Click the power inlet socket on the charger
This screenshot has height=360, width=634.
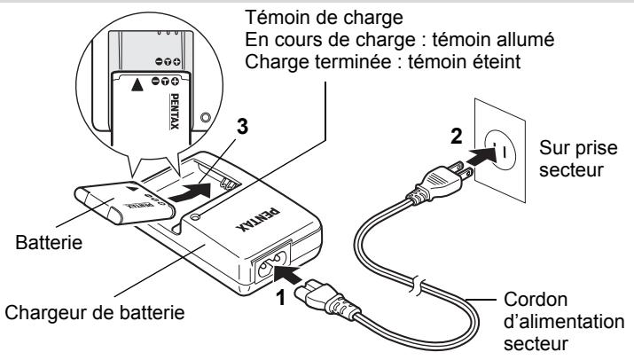[272, 261]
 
